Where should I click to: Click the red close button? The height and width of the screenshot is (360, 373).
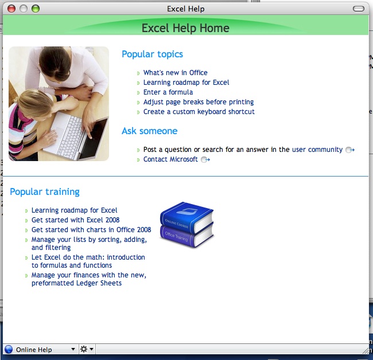click(11, 9)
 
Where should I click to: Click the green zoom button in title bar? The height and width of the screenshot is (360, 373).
click(36, 9)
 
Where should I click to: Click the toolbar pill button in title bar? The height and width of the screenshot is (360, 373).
click(359, 9)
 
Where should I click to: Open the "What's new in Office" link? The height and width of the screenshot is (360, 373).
click(176, 72)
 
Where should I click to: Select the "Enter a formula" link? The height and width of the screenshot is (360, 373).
click(168, 92)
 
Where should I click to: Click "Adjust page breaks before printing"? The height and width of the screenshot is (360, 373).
click(199, 102)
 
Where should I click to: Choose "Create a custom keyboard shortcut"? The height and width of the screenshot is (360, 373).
click(199, 112)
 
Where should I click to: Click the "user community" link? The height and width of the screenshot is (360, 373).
click(317, 150)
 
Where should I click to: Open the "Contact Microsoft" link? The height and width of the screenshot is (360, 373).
click(170, 159)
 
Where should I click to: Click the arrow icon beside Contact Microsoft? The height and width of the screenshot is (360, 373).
click(205, 159)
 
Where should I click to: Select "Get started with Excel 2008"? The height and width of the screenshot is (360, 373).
click(75, 220)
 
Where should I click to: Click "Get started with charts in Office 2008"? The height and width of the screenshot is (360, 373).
click(91, 229)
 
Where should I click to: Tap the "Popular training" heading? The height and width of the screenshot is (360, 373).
click(45, 192)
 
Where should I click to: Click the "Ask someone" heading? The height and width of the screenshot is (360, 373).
click(149, 131)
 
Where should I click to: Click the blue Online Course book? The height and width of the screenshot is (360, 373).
click(187, 217)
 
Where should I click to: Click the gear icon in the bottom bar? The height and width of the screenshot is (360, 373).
click(84, 349)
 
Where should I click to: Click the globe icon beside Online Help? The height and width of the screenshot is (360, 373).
click(9, 349)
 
